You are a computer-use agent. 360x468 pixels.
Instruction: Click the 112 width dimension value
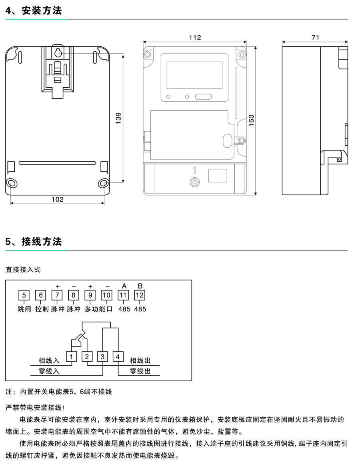(195, 38)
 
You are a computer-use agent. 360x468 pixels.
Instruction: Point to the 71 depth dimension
(315, 38)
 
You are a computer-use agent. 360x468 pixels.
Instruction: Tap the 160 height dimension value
(252, 120)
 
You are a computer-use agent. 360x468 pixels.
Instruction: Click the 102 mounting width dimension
(58, 199)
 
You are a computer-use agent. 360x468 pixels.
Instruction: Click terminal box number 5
(24, 296)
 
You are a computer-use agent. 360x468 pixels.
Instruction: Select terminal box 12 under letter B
(140, 296)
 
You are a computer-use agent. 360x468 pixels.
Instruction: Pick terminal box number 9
(90, 296)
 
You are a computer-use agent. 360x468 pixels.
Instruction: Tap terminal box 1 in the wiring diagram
(71, 356)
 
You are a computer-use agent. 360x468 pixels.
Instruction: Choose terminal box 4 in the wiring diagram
(118, 356)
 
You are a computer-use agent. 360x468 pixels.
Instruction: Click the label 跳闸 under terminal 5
(24, 309)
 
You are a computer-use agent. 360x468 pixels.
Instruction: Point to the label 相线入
(49, 361)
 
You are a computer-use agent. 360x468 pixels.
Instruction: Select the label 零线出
(140, 371)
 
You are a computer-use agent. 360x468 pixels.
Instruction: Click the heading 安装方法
(42, 11)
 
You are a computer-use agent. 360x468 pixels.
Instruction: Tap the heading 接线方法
(42, 242)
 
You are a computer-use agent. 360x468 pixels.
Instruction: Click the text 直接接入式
(23, 270)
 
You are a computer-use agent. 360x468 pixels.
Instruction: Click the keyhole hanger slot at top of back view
(58, 52)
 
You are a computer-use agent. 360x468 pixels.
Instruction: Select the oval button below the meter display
(203, 96)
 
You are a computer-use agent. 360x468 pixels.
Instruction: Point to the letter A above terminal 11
(124, 286)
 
